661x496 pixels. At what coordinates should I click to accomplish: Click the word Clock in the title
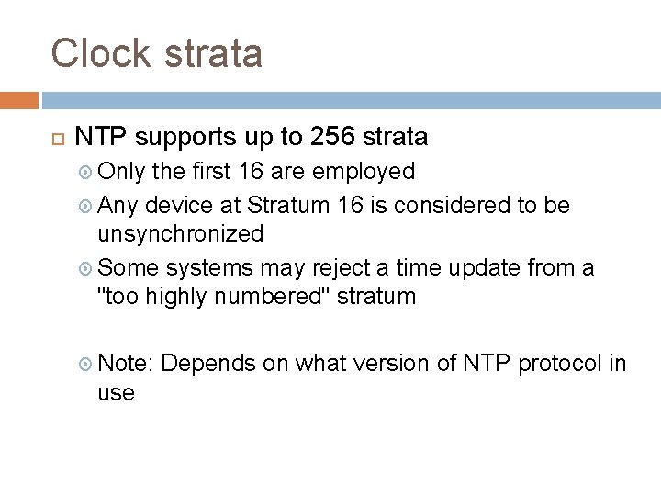[99, 53]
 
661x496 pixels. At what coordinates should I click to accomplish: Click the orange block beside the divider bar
[19, 99]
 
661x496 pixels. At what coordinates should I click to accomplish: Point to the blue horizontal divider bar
[350, 99]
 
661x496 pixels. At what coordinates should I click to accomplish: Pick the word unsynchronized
[181, 234]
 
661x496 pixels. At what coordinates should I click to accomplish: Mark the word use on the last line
[117, 394]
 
